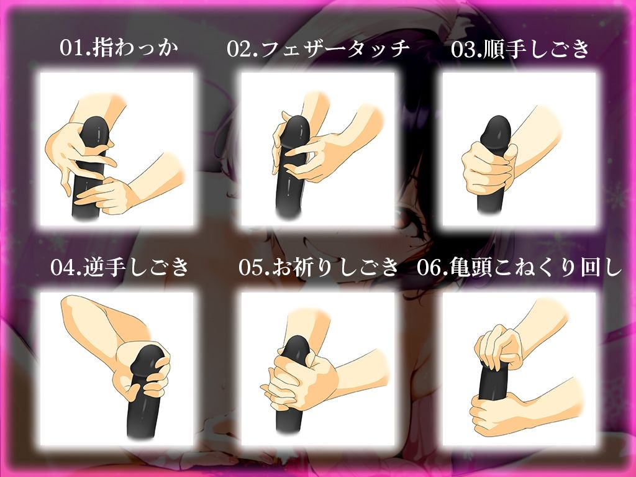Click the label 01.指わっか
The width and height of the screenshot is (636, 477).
(x=119, y=48)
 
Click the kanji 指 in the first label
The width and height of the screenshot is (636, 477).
(x=102, y=48)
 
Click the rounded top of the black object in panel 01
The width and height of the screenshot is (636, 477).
(x=97, y=122)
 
